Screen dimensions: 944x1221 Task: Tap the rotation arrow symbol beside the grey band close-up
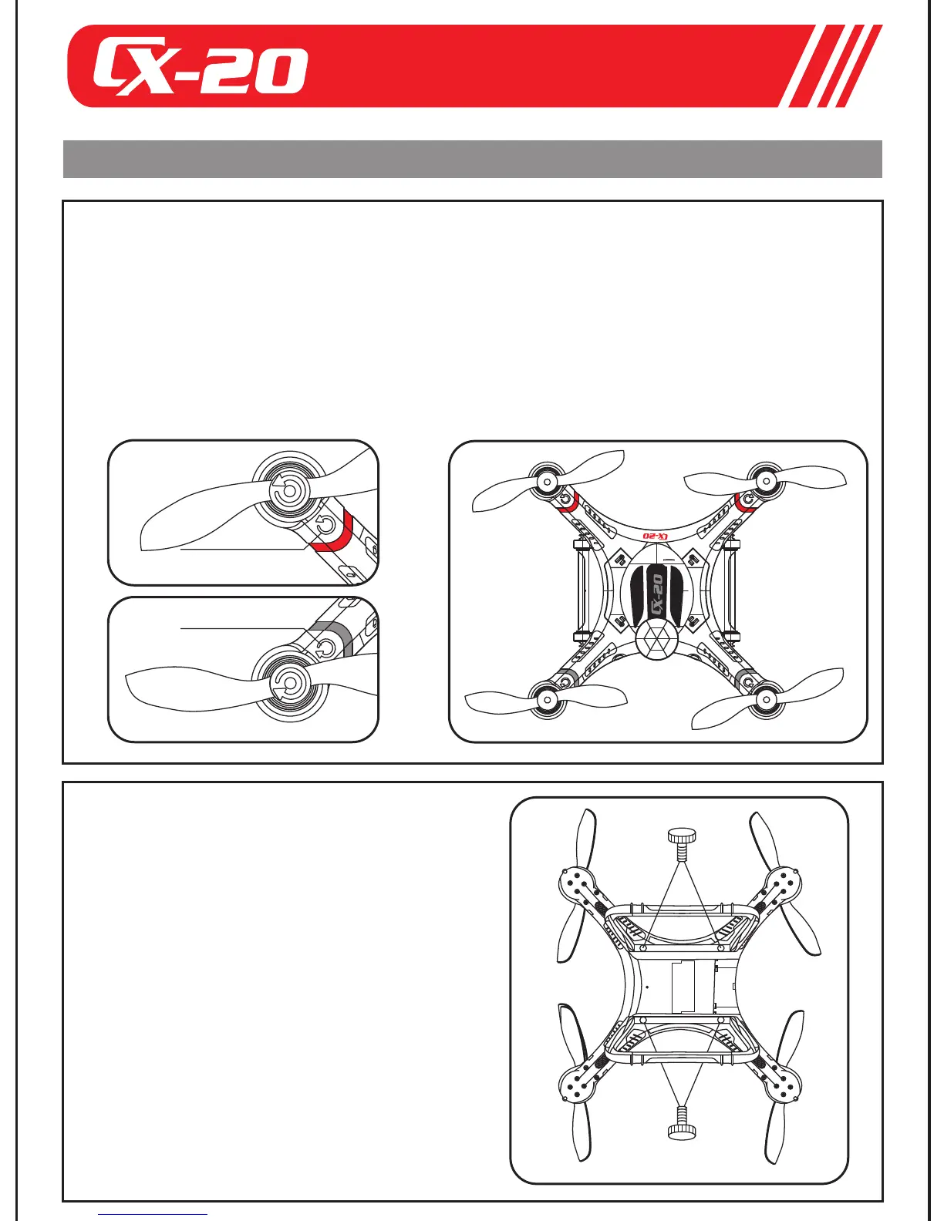(x=325, y=648)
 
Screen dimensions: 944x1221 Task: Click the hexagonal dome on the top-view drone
(x=658, y=640)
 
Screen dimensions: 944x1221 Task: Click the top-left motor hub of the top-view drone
(x=546, y=483)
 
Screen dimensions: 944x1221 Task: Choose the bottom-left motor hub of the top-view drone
(x=546, y=700)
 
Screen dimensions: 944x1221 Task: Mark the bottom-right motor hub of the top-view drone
(x=766, y=701)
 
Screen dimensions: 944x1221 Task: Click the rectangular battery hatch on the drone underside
(x=691, y=986)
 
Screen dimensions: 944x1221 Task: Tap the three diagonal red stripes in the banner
(x=836, y=66)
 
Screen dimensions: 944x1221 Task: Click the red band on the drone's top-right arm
(x=745, y=502)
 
